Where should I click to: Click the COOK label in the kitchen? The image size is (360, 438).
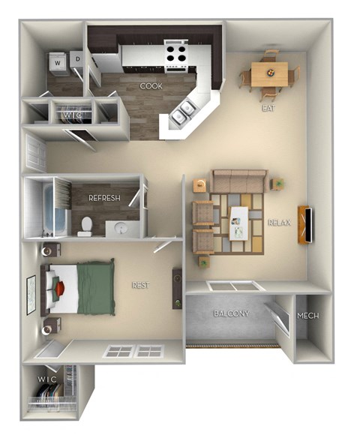pyautogui.click(x=151, y=86)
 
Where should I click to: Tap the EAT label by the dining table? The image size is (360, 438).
pyautogui.click(x=268, y=108)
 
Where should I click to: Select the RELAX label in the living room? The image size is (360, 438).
pyautogui.click(x=280, y=222)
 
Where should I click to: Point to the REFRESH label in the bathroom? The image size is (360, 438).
pyautogui.click(x=105, y=198)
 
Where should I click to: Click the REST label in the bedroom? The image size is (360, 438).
pyautogui.click(x=140, y=284)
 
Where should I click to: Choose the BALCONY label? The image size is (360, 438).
pyautogui.click(x=231, y=313)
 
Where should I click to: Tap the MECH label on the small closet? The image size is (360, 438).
pyautogui.click(x=308, y=316)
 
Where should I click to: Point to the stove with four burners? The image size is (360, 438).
pyautogui.click(x=177, y=55)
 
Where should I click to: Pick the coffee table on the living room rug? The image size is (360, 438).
pyautogui.click(x=238, y=220)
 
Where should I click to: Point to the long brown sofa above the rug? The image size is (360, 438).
pyautogui.click(x=238, y=181)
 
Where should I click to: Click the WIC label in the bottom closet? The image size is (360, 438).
pyautogui.click(x=46, y=380)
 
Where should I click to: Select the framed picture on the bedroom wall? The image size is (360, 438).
pyautogui.click(x=31, y=295)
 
